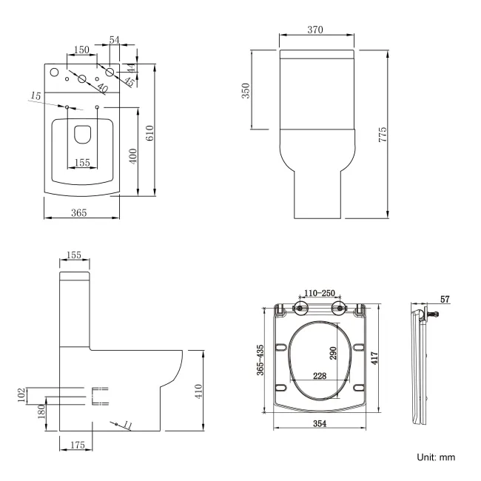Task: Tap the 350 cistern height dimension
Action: [x=247, y=90]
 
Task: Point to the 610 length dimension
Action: [x=149, y=133]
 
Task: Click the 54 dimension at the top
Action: [x=115, y=38]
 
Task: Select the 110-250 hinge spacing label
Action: [x=320, y=293]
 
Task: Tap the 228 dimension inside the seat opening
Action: [x=319, y=375]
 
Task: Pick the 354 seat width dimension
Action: [x=320, y=423]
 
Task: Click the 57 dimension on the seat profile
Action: [x=443, y=299]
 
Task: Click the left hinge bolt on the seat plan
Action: [x=301, y=308]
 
